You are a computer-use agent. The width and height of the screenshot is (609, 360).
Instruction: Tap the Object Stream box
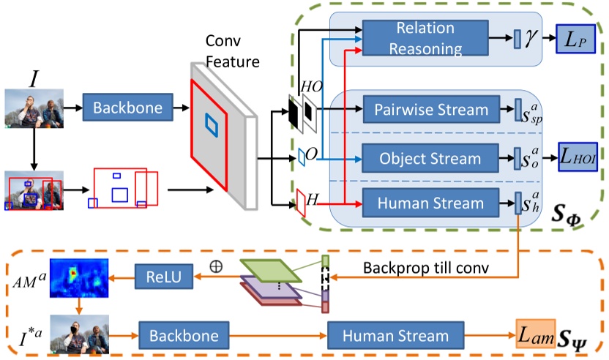(430, 158)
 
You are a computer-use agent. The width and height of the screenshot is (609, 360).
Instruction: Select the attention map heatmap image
(78, 279)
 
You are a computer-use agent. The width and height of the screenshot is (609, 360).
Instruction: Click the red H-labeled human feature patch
(300, 203)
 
